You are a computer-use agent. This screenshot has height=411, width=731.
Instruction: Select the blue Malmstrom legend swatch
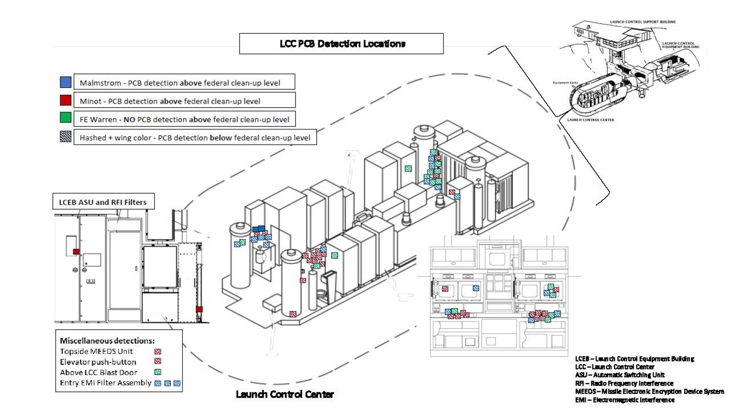[65, 82]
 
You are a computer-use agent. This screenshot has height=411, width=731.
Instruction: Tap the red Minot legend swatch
[65, 100]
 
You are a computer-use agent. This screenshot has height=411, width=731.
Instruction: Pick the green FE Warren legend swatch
[65, 118]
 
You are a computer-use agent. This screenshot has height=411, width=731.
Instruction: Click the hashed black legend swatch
[65, 137]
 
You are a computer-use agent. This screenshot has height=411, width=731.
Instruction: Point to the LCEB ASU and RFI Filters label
[103, 202]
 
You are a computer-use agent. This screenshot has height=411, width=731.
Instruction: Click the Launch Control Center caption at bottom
[285, 394]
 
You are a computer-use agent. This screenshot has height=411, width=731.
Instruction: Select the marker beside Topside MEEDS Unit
[158, 351]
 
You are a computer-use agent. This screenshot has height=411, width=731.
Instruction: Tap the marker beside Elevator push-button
[158, 361]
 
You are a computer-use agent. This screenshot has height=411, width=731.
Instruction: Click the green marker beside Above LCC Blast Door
[158, 372]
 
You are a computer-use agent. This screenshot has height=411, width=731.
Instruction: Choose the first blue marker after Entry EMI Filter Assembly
[158, 383]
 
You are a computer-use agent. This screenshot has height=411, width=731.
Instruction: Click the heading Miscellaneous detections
[107, 340]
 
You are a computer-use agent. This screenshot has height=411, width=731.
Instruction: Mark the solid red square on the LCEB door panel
[76, 251]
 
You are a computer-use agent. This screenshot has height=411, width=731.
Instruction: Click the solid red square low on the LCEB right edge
[199, 309]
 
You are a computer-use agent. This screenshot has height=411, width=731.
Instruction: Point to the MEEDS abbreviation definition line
[649, 391]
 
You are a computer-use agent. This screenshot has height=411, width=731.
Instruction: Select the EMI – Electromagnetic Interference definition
[625, 400]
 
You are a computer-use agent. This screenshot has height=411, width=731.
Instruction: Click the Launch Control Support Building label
[643, 22]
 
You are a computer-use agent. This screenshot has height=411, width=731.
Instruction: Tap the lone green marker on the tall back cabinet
[408, 168]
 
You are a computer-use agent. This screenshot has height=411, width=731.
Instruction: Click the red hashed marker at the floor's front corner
[293, 314]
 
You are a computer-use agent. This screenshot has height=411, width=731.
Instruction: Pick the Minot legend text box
[185, 100]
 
